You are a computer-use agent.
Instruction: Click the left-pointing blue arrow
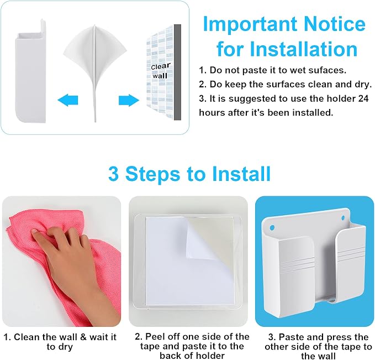(68, 100)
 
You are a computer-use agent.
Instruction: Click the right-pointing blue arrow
(129, 100)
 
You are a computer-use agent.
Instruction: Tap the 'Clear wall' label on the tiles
(161, 71)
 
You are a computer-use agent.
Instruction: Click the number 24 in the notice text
(363, 98)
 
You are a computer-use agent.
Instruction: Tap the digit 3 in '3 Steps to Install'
(113, 174)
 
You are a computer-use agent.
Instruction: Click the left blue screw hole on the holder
(272, 227)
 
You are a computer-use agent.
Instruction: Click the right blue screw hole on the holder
(343, 218)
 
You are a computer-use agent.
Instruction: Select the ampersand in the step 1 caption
(83, 337)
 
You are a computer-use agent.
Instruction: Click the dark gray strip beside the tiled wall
(177, 72)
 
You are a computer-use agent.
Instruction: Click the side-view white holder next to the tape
(30, 72)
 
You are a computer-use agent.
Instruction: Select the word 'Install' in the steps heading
(241, 174)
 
